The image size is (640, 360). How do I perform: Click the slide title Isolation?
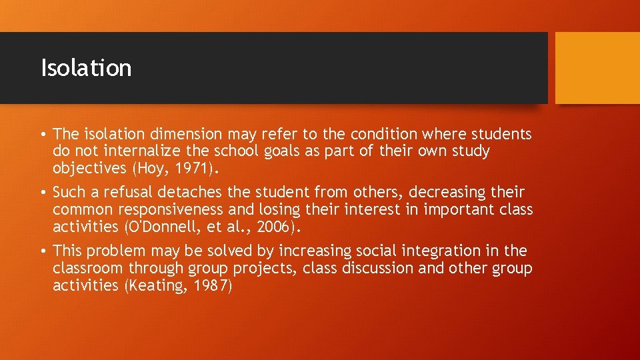click(x=86, y=68)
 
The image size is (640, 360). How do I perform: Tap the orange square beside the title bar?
click(x=597, y=68)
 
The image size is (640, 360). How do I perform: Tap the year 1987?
click(x=209, y=286)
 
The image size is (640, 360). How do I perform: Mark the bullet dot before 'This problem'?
click(x=43, y=251)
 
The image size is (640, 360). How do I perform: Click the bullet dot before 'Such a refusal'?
click(x=43, y=193)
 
